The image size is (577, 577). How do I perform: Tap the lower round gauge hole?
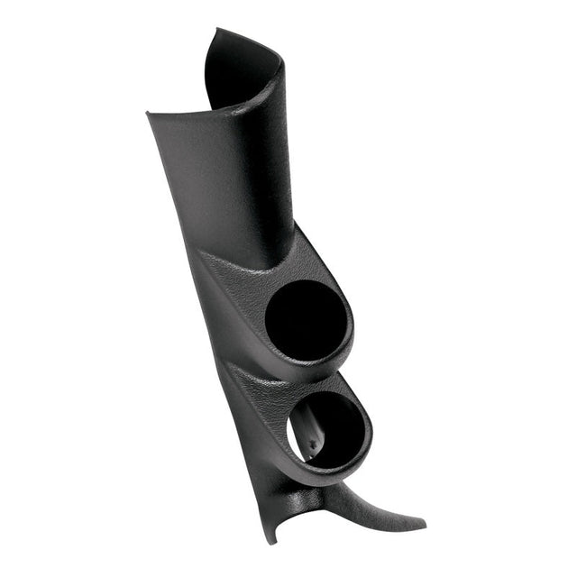point(326,429)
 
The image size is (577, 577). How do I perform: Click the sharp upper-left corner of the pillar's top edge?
point(148,114)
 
